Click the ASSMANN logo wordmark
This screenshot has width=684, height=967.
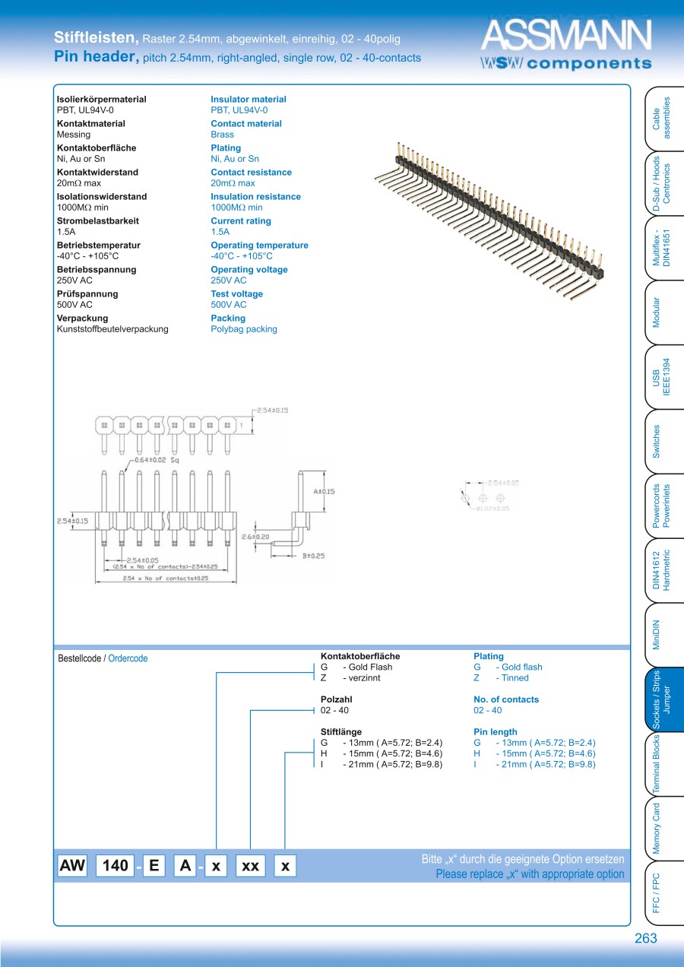click(x=566, y=36)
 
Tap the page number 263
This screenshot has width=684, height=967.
click(x=645, y=939)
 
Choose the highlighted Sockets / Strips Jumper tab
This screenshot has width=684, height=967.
click(x=660, y=699)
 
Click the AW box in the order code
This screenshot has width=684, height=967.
click(x=73, y=865)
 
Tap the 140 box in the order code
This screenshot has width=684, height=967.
click(x=115, y=865)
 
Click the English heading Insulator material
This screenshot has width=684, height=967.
click(x=249, y=100)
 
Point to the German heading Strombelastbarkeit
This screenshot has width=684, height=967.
click(x=97, y=221)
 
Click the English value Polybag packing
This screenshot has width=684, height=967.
click(x=244, y=329)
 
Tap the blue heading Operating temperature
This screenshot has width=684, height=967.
click(x=259, y=246)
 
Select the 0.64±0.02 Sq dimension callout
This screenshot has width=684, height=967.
click(x=157, y=461)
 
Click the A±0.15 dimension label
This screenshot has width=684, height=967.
click(x=324, y=491)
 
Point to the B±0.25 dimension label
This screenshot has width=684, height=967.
click(x=314, y=556)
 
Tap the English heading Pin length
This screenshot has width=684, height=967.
click(x=495, y=732)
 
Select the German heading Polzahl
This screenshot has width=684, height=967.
click(x=337, y=699)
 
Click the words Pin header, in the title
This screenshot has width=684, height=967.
click(x=97, y=57)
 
